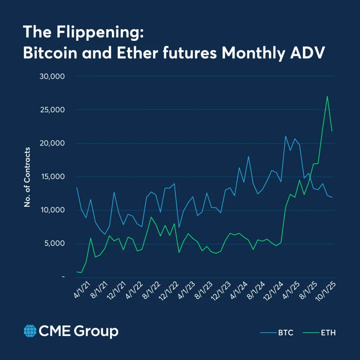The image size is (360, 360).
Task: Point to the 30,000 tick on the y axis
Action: coord(52,76)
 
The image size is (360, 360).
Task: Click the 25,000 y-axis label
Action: coord(52,110)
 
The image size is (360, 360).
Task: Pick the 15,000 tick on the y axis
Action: coord(52,176)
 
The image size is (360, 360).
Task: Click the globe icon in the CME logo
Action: coord(30,331)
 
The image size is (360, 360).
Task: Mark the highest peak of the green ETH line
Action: coord(327,96)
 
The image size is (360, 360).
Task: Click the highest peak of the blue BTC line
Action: coord(285,136)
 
